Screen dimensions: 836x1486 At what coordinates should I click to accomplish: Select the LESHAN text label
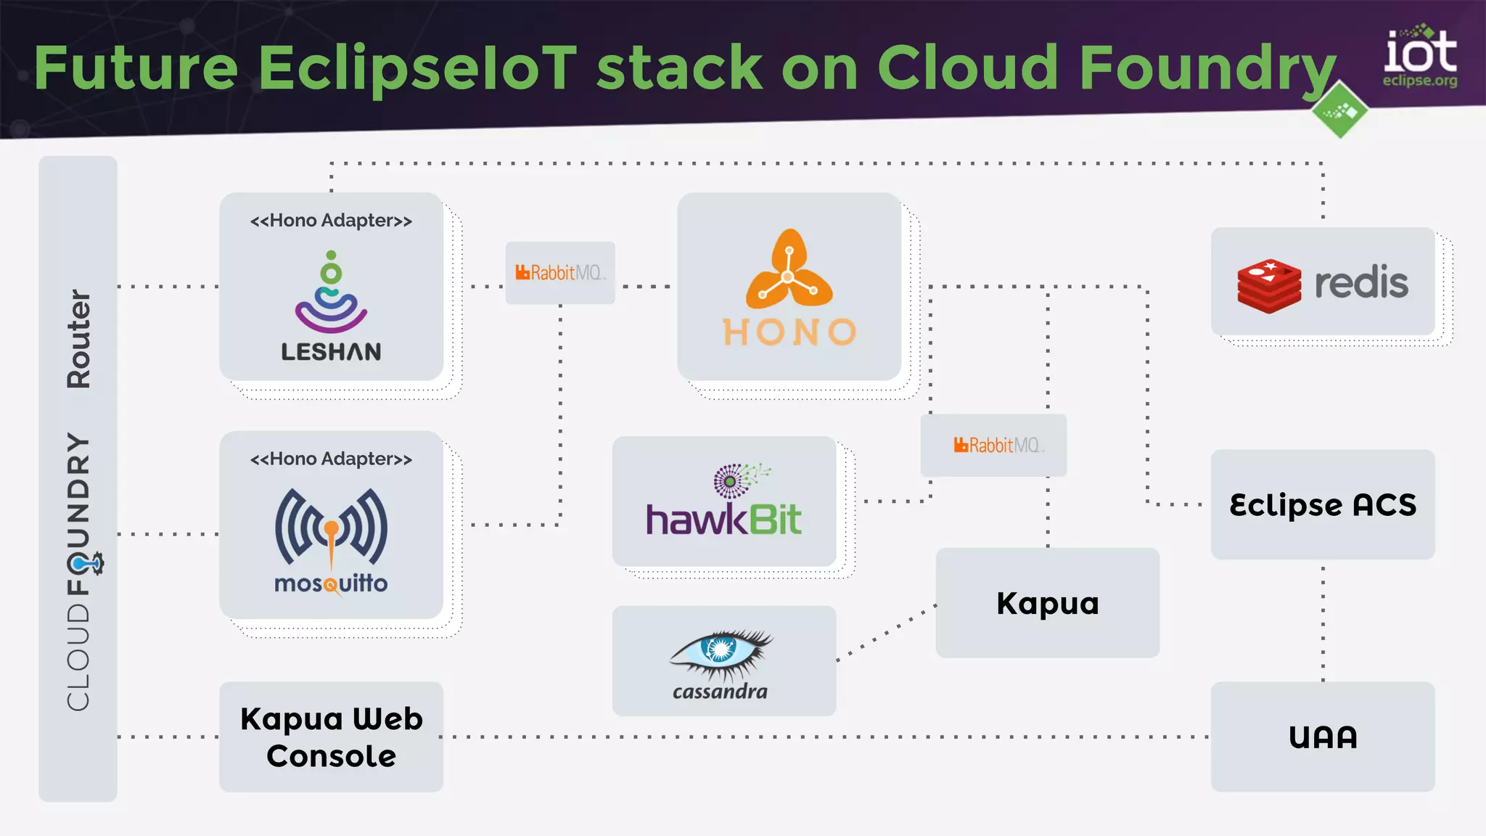point(331,352)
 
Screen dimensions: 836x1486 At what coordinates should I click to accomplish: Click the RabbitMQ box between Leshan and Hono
point(559,273)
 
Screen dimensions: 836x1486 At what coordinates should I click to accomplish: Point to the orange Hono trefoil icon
point(789,269)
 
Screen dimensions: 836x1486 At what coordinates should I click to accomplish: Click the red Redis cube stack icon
point(1269,285)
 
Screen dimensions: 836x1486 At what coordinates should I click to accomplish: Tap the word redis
point(1361,283)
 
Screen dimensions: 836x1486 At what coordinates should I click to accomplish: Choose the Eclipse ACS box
point(1322,504)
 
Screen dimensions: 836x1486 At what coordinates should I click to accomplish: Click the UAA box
point(1322,737)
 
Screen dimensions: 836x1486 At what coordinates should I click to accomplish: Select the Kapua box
point(1047,603)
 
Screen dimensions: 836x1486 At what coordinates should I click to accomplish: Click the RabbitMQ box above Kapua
point(993,445)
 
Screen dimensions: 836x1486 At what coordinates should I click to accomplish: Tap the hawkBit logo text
point(723,519)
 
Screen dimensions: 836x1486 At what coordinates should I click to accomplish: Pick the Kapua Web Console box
point(331,737)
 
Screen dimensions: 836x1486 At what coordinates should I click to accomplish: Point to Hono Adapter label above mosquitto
point(331,459)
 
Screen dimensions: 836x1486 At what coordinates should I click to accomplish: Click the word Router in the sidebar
point(78,338)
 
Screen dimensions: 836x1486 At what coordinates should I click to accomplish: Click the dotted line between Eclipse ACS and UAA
point(1322,621)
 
